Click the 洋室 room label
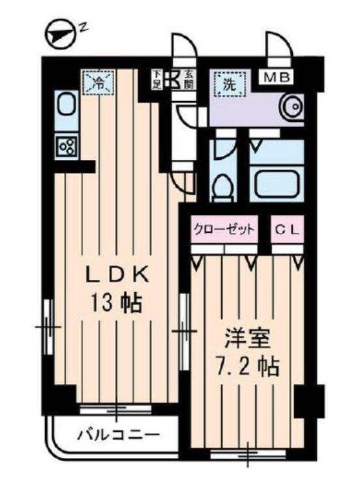point(245,340)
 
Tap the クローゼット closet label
point(224,230)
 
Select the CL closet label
point(287,230)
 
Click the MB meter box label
point(278,78)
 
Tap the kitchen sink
point(66,104)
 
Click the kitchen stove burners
point(66,145)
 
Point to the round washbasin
point(290,105)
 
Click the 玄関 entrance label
point(188,80)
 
